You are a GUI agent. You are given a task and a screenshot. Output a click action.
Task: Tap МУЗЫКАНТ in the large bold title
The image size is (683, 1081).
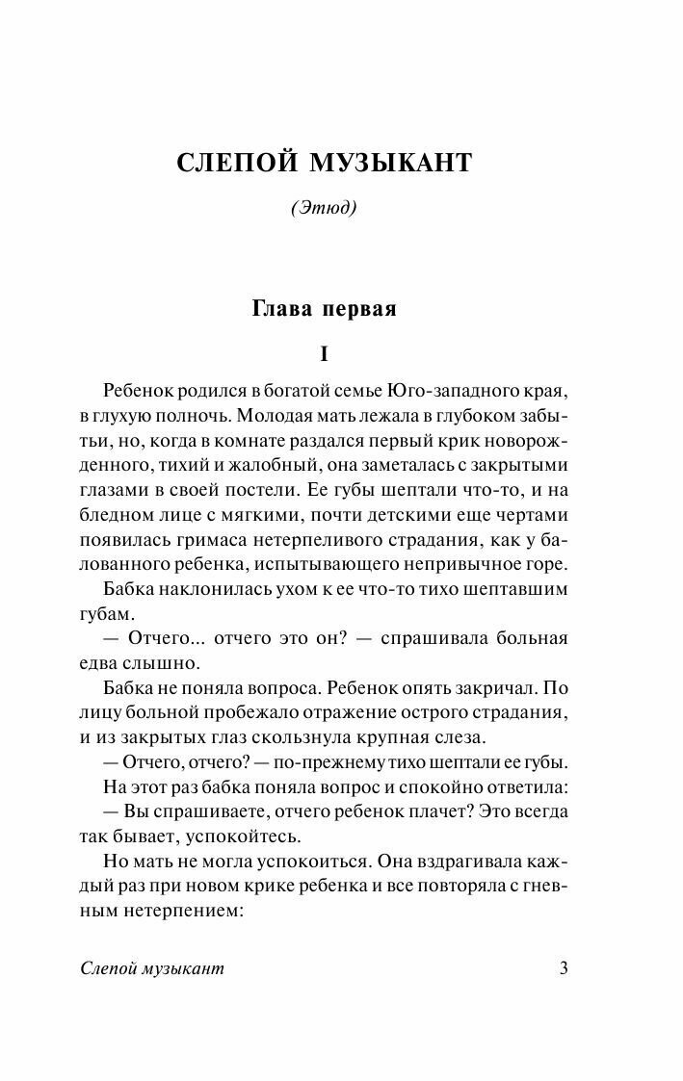tap(390, 164)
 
